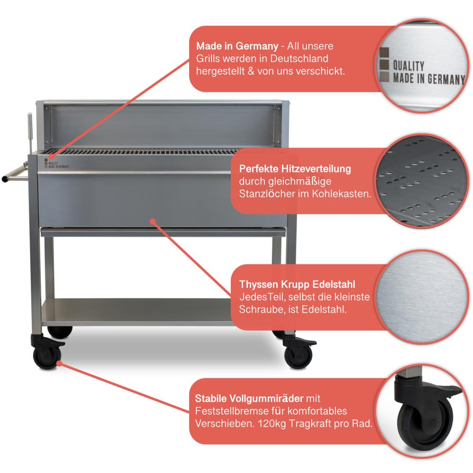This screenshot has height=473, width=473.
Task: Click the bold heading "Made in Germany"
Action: (237, 46)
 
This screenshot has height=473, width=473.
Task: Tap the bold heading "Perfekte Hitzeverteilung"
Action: (295, 169)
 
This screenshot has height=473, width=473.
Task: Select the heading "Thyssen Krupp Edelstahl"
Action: (297, 284)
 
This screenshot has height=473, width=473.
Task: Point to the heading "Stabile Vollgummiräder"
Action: (249, 398)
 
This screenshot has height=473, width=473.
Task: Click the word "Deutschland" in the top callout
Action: (299, 59)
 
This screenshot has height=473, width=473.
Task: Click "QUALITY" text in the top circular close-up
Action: (409, 65)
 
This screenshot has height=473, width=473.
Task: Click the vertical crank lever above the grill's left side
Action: (30, 133)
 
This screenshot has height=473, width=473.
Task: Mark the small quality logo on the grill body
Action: (56, 163)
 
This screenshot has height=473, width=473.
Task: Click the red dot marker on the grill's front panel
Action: (153, 222)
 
